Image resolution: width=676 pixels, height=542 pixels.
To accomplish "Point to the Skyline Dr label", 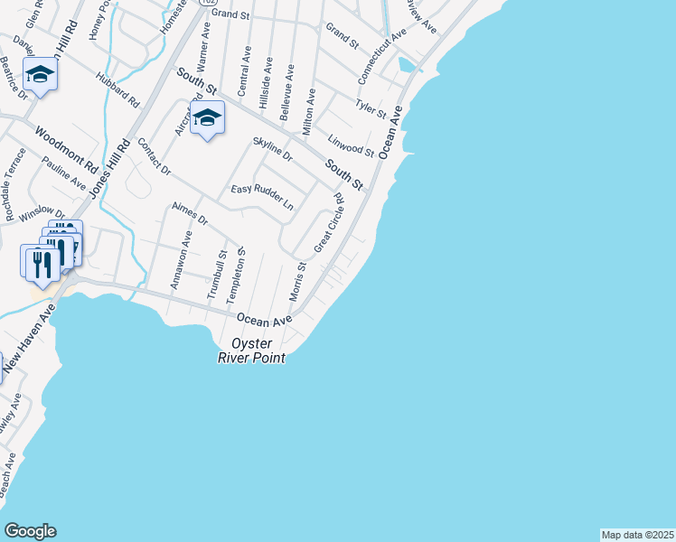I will point(272,149).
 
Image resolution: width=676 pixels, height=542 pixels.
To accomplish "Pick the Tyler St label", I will point(371,110).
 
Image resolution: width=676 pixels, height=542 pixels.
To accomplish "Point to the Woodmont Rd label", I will point(66,151).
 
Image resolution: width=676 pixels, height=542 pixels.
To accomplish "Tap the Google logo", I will point(30,531).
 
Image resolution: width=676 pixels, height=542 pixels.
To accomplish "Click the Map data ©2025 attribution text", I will point(637,535).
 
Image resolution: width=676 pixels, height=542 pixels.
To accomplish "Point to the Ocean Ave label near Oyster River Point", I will point(265,320).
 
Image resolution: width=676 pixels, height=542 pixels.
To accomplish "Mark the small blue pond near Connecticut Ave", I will point(408,64).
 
